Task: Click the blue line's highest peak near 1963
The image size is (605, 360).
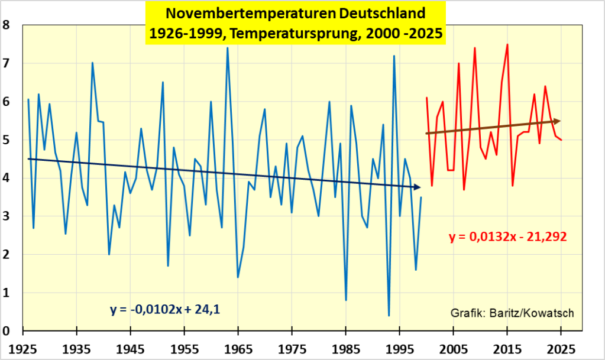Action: tap(228, 48)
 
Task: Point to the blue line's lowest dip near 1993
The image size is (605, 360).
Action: tap(389, 316)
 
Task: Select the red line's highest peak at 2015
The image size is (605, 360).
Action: tap(507, 44)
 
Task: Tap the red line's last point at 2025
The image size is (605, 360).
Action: tap(561, 140)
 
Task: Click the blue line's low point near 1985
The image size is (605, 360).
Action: tap(346, 300)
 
